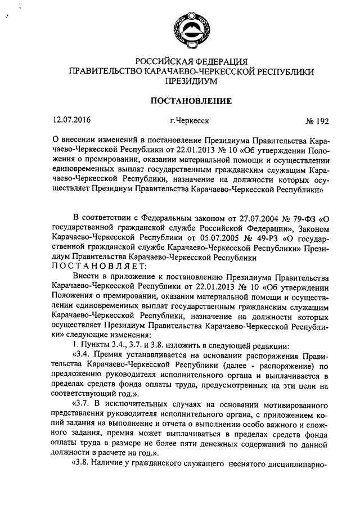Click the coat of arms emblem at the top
pos(190,27)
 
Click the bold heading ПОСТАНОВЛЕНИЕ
pos(190,101)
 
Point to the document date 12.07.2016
pos(71,120)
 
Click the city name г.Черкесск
pos(189,120)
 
